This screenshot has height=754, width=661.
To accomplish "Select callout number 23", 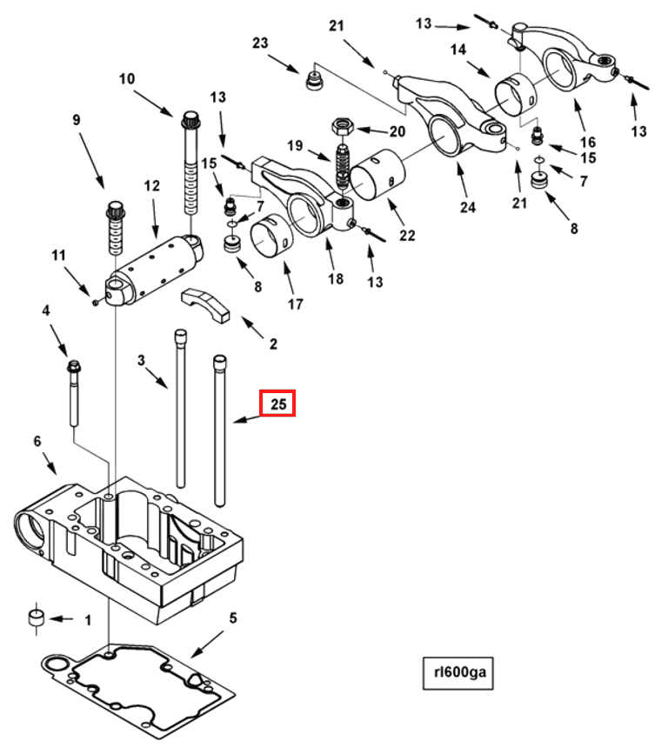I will coord(262,43).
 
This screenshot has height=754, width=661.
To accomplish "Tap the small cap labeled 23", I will coord(312,82).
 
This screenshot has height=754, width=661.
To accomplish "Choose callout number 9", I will coord(77,119).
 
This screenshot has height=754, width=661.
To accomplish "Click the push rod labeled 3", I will coord(181,409).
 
